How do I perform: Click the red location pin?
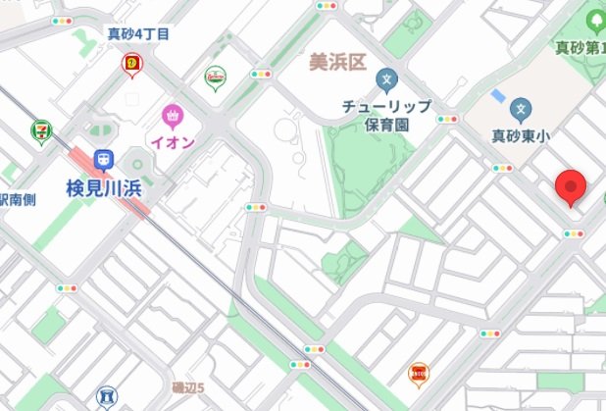570,185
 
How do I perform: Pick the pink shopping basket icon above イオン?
175,116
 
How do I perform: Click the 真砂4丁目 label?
138,34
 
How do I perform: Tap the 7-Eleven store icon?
41,128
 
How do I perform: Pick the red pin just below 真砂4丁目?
132,65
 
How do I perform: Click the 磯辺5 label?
187,387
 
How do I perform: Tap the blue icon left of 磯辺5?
106,397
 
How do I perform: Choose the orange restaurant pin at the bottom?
418,373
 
